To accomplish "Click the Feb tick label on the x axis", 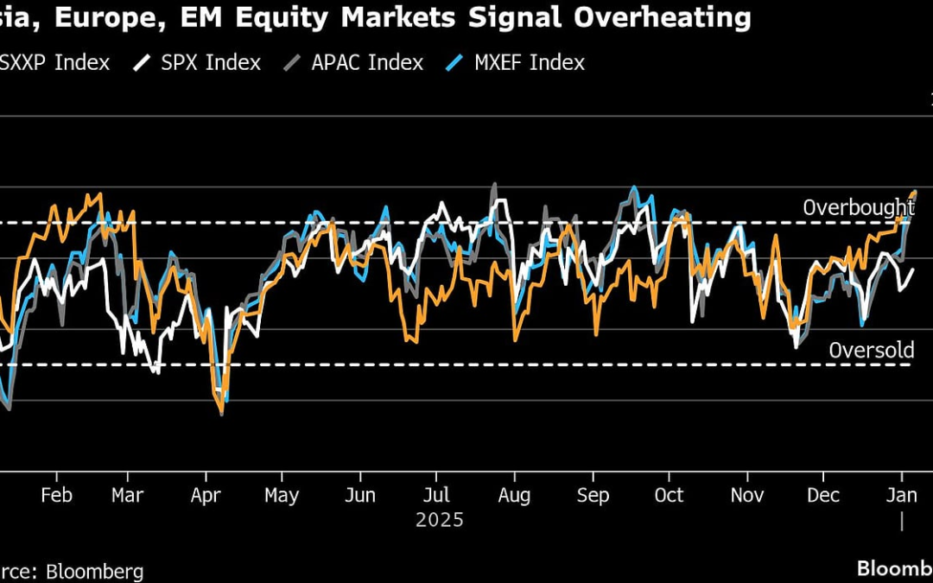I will (56, 495).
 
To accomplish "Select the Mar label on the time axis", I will (127, 495).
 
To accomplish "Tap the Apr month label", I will (205, 495).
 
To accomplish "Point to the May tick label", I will (282, 495).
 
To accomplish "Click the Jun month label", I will (359, 495).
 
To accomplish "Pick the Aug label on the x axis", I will (515, 495).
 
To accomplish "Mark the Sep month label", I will (593, 495).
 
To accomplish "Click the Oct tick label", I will (669, 495).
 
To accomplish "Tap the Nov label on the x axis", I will (748, 495).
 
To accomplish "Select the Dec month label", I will (823, 495).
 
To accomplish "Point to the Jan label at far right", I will (902, 495).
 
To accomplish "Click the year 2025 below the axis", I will (439, 520).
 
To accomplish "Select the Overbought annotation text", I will (858, 207).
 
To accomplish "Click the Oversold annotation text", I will (871, 350).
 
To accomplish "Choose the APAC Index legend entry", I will (368, 62).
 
